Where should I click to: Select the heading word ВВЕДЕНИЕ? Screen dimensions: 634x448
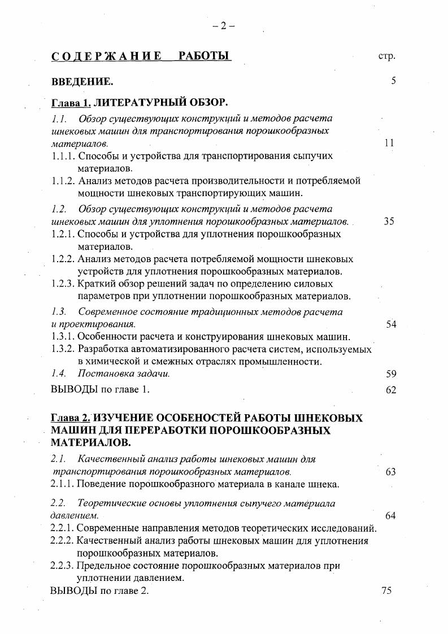[x=82, y=82]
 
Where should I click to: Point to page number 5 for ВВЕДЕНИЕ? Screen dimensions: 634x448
[x=393, y=81]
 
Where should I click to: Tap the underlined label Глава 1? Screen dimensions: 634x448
[x=71, y=103]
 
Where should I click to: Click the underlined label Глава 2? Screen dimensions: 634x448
[x=71, y=418]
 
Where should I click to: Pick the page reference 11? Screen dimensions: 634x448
[x=389, y=144]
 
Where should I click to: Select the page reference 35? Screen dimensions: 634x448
[x=389, y=222]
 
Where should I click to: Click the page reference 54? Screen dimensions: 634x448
[x=390, y=324]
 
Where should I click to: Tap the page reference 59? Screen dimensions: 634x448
[x=390, y=374]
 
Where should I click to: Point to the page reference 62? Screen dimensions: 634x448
[x=390, y=390]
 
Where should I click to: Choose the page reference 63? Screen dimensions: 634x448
[x=390, y=472]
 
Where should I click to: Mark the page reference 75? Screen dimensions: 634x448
[x=387, y=591]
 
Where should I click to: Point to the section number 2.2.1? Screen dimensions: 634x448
[x=62, y=529]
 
